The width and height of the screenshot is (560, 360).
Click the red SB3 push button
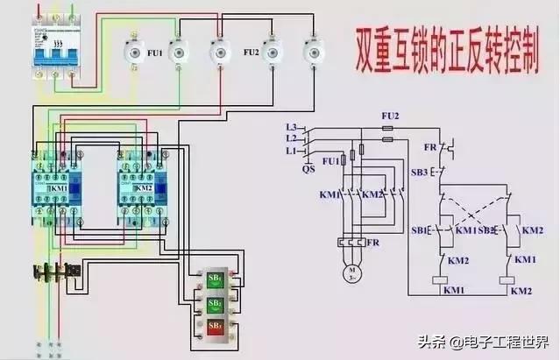214,327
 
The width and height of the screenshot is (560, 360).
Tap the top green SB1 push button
214,280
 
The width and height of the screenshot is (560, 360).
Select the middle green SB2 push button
214,304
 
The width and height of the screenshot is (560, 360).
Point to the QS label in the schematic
308,171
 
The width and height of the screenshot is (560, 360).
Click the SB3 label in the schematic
421,173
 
